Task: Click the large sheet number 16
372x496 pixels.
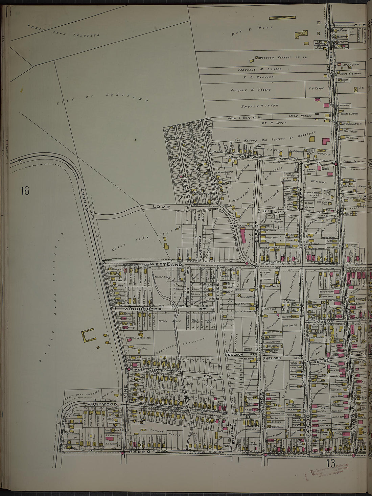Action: [x=25, y=191]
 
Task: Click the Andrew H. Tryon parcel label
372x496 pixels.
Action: [x=260, y=106]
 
